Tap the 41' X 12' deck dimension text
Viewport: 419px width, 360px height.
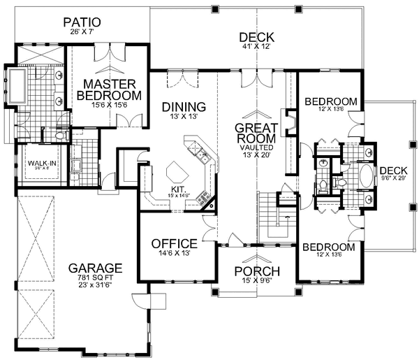256,48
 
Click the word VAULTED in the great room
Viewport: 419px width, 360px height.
257,148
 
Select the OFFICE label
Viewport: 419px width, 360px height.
174,243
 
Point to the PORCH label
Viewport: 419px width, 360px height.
256,271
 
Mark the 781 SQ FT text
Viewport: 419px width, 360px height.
96,279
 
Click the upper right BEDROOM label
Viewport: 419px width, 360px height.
332,102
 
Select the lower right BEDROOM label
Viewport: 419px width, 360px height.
328,247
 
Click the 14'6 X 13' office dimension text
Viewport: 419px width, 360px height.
174,254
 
